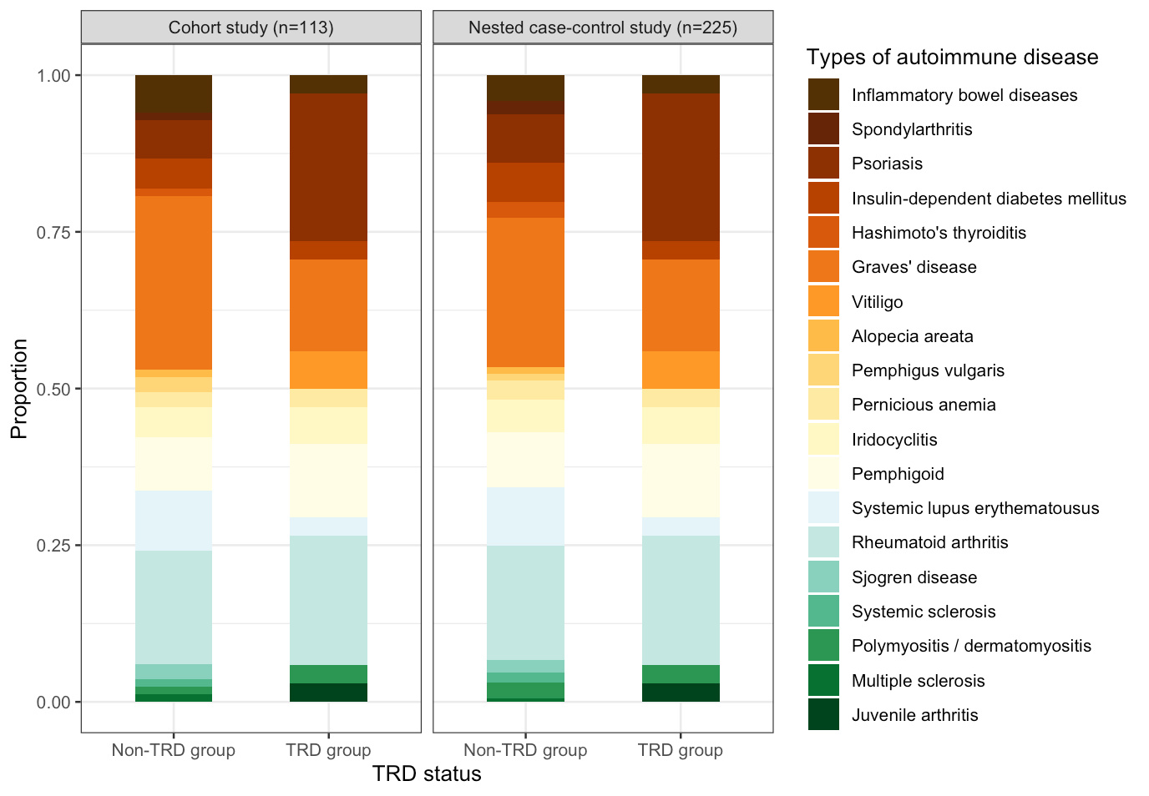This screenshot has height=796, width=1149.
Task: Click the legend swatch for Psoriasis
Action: pos(823,164)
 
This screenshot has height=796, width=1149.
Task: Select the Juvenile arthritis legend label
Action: pos(914,715)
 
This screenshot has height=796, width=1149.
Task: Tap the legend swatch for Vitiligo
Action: pos(823,301)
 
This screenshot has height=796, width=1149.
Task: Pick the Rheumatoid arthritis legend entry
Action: pos(929,542)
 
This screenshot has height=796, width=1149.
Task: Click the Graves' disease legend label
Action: pos(914,267)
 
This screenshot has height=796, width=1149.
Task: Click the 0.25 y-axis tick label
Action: pos(53,546)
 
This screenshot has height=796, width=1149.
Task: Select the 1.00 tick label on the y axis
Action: pos(53,76)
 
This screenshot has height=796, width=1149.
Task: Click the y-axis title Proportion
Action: pos(19,389)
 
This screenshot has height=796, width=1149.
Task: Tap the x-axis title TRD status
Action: pos(427,774)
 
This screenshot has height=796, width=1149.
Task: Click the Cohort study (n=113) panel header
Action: pos(251,28)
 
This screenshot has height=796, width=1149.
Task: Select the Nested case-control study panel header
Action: pos(602,28)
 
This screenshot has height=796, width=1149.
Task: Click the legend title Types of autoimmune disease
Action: pos(952,58)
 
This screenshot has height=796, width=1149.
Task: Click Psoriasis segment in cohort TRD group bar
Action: pos(328,167)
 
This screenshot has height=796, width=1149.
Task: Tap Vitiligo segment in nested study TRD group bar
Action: pos(681,370)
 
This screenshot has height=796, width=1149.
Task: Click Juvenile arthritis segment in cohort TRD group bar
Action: pos(328,693)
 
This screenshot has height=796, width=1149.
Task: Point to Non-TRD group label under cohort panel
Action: pos(174,750)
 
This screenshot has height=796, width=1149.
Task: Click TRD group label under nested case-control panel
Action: pos(681,750)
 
